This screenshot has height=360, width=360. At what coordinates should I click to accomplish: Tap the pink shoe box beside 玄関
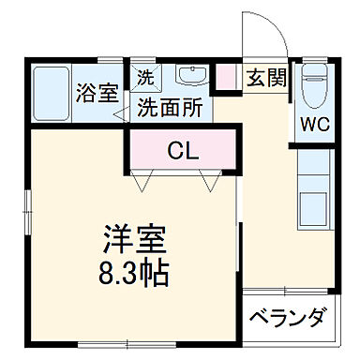tap(226, 78)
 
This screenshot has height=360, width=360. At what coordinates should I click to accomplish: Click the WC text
tap(314, 125)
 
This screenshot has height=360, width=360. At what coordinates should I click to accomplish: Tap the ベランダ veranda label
tap(287, 318)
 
